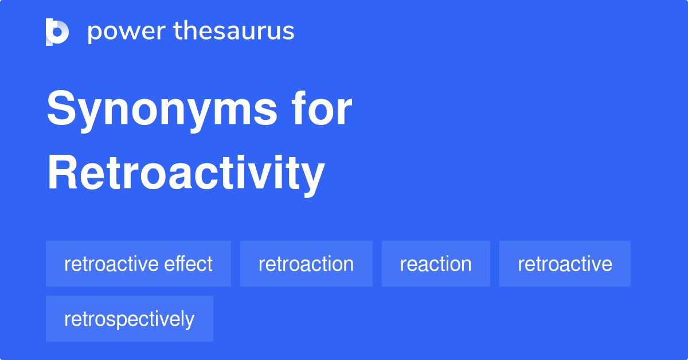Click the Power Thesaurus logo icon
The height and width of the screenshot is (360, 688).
57,32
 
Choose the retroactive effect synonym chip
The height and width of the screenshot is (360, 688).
138,264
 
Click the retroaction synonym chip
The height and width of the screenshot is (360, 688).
306,264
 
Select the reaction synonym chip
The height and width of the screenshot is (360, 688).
436,264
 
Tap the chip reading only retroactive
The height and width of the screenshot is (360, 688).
565,264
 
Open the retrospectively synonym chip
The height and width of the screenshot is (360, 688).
130,319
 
